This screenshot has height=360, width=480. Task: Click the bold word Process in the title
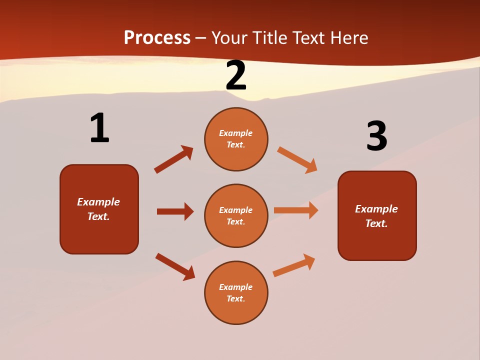157,37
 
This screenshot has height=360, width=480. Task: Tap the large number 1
99,128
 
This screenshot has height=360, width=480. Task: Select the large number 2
236,75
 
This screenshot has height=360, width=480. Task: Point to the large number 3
376,136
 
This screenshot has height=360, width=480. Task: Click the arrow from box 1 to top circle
173,159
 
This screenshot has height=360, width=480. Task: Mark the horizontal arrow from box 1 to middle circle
175,211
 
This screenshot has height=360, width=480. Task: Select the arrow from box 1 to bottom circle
175,266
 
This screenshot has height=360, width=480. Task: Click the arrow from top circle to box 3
297,160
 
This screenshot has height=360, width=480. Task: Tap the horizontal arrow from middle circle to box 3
296,210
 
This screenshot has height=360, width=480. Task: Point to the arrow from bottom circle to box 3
294,265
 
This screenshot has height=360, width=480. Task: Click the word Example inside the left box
98,202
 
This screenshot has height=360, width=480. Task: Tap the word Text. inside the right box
376,223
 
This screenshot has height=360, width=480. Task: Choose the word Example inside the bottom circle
236,287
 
